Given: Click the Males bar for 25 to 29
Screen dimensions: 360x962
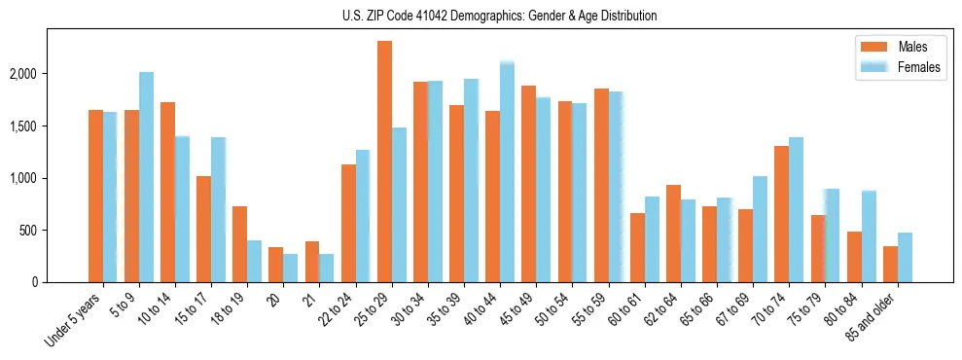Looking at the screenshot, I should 384,162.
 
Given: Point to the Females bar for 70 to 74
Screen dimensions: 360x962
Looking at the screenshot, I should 796,210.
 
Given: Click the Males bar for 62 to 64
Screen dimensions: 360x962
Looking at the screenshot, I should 673,234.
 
